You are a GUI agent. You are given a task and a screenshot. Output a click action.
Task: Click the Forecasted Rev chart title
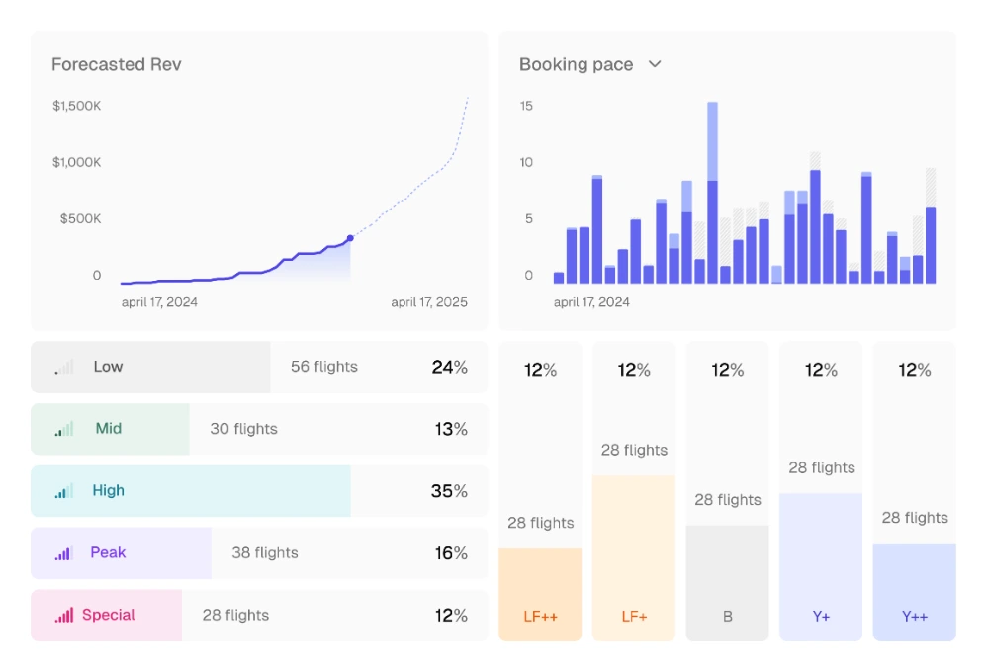tap(117, 64)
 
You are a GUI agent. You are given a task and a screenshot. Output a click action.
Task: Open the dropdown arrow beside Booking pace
tap(655, 64)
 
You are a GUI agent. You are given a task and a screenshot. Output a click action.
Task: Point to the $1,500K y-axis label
tap(77, 106)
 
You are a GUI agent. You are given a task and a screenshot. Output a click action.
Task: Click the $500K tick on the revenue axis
tap(80, 219)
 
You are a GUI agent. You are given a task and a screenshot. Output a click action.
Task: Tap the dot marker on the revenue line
tap(350, 238)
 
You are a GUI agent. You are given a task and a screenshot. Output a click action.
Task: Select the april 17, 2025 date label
tap(429, 302)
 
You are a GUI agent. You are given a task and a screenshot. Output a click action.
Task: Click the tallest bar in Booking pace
tap(712, 193)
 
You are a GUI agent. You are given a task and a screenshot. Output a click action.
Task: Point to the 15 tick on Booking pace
tap(526, 106)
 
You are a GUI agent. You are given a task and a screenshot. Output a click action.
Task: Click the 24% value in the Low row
tap(449, 367)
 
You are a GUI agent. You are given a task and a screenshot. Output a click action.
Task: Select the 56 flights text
tap(324, 367)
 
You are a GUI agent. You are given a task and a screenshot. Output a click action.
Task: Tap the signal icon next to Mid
tap(63, 429)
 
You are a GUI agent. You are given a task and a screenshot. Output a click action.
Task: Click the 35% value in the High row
tap(449, 491)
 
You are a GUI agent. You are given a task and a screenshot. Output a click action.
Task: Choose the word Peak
tap(108, 553)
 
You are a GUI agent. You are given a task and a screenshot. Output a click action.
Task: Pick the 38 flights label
tap(265, 553)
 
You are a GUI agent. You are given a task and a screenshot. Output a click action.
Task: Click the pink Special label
tap(108, 615)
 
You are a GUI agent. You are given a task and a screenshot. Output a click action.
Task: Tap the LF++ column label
tap(540, 617)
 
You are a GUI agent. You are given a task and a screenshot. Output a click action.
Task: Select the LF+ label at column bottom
tap(634, 617)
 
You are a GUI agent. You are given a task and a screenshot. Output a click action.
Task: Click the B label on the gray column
tap(727, 617)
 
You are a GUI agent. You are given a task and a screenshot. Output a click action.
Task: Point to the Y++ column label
tap(915, 617)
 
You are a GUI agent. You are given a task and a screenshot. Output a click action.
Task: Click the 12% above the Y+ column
tap(821, 370)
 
